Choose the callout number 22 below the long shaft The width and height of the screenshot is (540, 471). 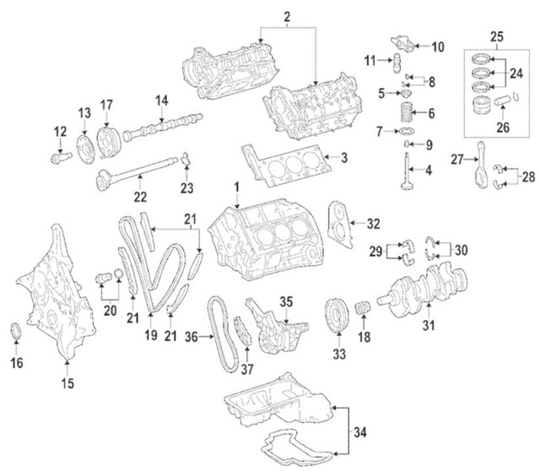click(x=139, y=197)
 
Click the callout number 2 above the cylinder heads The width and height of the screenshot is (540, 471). click(x=288, y=17)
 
